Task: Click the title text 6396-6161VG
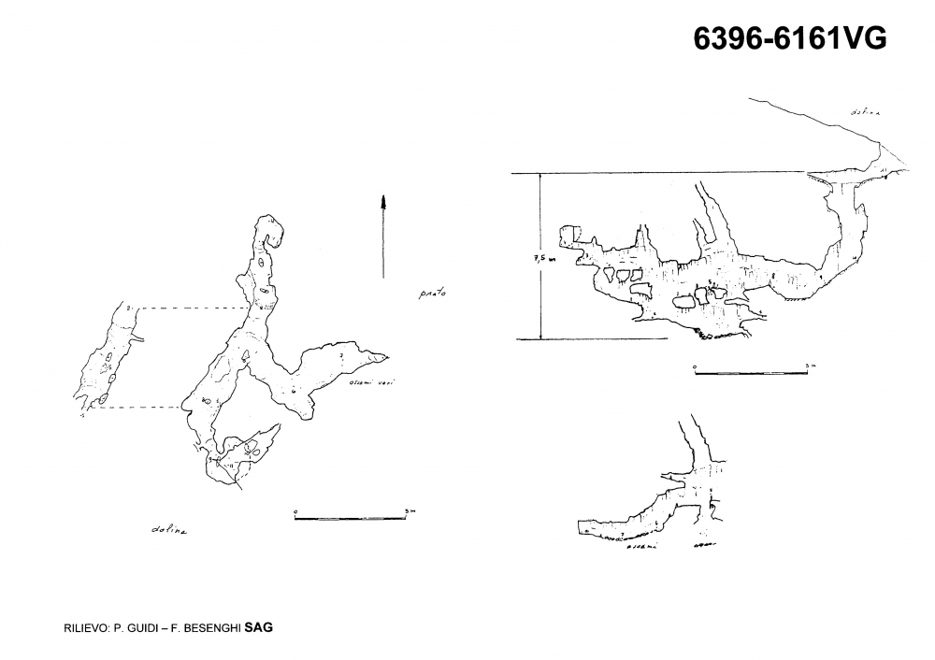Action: point(789,39)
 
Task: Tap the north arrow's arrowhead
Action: point(383,200)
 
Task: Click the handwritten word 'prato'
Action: point(431,294)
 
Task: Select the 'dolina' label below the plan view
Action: point(168,530)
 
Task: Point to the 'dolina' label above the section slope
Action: point(865,113)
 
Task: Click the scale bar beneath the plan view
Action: point(352,517)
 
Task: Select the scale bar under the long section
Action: point(751,371)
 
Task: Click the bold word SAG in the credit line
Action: point(258,628)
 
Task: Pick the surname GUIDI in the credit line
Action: point(137,629)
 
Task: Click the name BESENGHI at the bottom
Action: point(209,629)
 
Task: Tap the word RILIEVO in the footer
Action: point(77,629)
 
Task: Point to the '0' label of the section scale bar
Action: point(695,366)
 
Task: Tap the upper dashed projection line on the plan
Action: point(192,308)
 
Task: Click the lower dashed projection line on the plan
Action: point(140,408)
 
